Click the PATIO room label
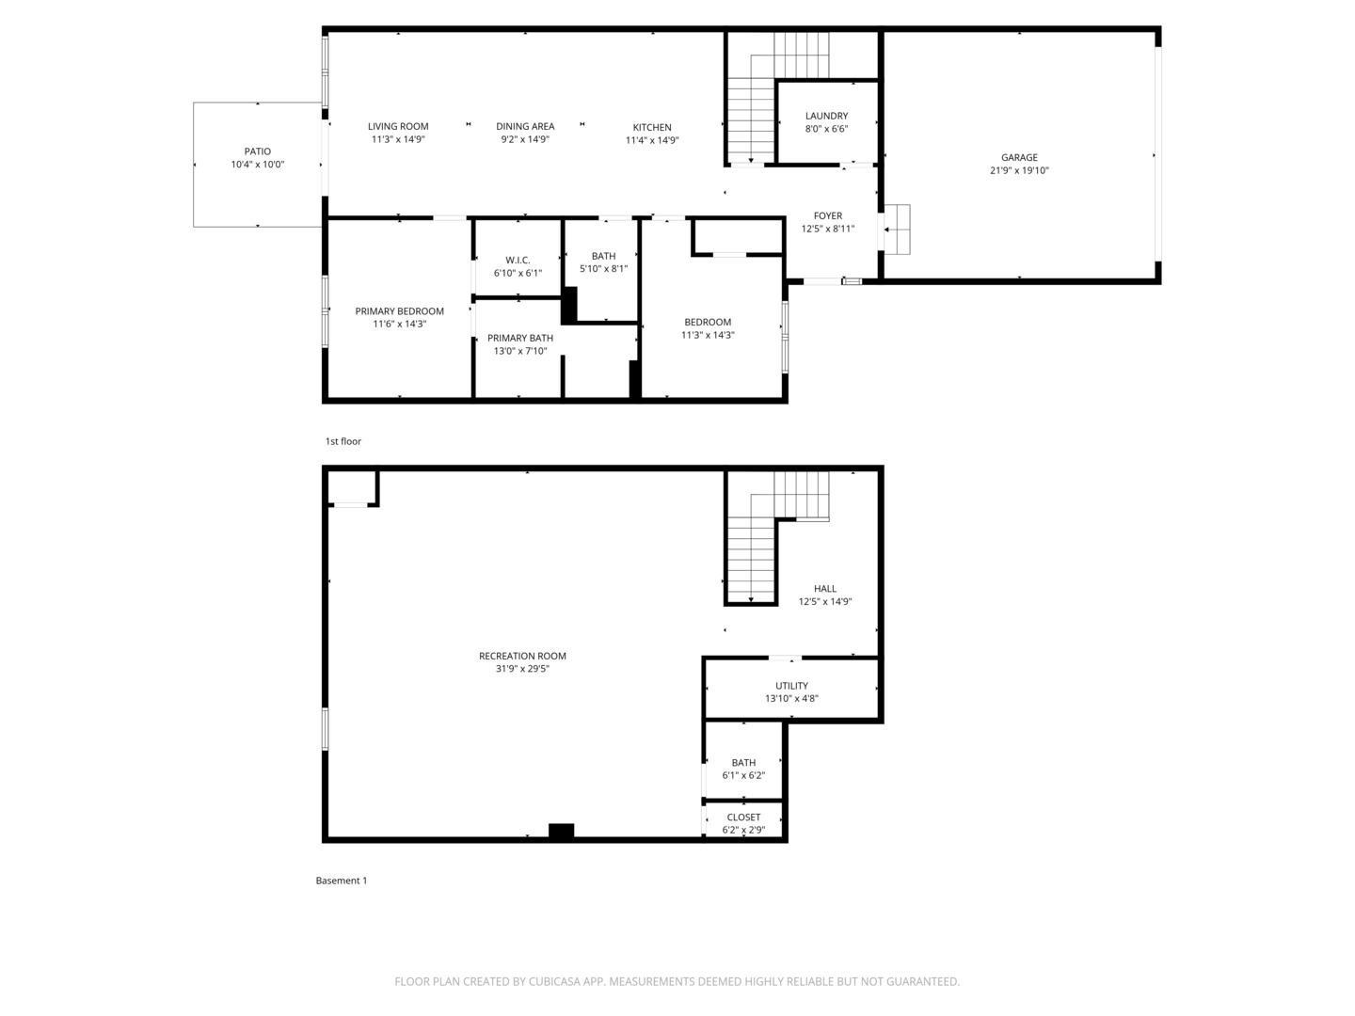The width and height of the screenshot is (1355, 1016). click(x=258, y=151)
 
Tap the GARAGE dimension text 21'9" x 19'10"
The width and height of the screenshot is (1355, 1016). click(x=1019, y=170)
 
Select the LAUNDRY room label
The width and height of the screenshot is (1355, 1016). click(x=826, y=116)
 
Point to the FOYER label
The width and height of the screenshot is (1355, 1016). click(x=828, y=216)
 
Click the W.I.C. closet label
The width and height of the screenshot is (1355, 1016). click(x=518, y=261)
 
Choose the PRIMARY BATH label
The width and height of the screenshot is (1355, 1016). click(x=520, y=338)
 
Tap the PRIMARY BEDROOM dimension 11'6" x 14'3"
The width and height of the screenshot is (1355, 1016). click(x=399, y=324)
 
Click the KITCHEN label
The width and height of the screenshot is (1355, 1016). click(x=652, y=127)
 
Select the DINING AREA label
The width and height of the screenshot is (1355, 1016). click(x=525, y=126)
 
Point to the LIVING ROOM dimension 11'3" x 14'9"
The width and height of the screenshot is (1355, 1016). click(x=398, y=139)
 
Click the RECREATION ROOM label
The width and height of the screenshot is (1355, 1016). click(x=522, y=656)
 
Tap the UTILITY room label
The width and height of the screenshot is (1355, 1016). click(x=792, y=686)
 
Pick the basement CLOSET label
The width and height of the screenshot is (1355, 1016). click(x=743, y=818)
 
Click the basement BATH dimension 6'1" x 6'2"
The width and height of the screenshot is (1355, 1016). click(x=744, y=775)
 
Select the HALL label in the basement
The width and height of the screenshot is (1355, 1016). click(x=825, y=589)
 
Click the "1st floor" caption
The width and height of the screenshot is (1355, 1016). click(x=343, y=441)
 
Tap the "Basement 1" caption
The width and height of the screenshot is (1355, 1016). click(x=342, y=881)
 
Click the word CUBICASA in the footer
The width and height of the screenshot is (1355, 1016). click(x=555, y=981)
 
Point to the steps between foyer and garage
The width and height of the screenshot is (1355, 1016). click(x=897, y=230)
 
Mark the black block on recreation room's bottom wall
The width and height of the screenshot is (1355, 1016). click(x=561, y=831)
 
